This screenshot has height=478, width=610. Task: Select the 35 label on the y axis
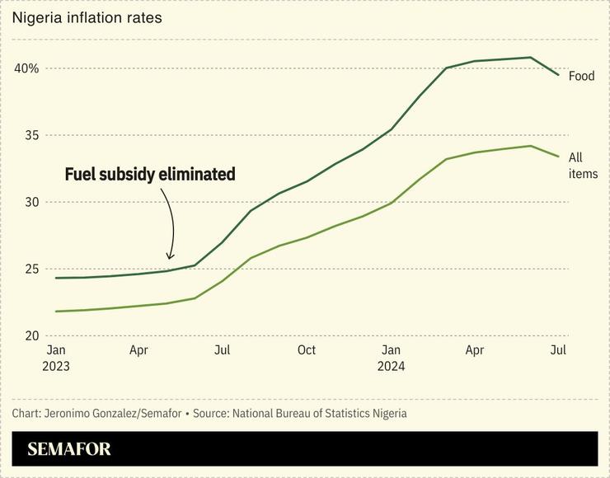tap(30, 135)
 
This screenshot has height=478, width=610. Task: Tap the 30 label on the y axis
tap(30, 202)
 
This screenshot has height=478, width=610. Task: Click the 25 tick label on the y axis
tap(30, 269)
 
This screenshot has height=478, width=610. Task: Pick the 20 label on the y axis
tap(30, 335)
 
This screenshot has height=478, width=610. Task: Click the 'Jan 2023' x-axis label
tap(57, 358)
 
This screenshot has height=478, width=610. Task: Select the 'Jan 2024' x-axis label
tap(391, 358)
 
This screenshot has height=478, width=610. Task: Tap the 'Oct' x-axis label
tap(306, 350)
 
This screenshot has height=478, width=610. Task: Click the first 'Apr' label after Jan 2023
tap(138, 350)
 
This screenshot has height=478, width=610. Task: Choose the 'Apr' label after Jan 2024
tap(474, 350)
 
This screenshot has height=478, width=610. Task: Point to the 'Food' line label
tap(581, 76)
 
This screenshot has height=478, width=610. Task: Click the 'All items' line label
tap(582, 165)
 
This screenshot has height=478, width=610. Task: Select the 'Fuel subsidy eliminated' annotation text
tap(149, 175)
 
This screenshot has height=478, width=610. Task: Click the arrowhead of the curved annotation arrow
tap(171, 256)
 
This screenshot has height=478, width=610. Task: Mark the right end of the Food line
tap(558, 75)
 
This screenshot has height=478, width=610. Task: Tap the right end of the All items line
tap(558, 156)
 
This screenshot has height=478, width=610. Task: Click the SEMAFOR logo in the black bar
tap(68, 449)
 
